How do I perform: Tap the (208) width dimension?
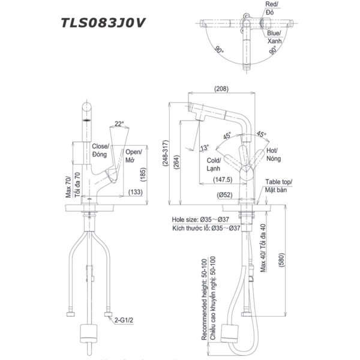pos(220,89)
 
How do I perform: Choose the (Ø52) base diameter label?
pos(226,194)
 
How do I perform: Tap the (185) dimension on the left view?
pos(142,175)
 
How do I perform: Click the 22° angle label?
pos(119,124)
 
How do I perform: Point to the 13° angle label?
pos(205,148)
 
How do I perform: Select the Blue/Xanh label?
pos(275,37)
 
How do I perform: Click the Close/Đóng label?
pos(100,150)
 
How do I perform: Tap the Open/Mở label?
pos(134,157)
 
